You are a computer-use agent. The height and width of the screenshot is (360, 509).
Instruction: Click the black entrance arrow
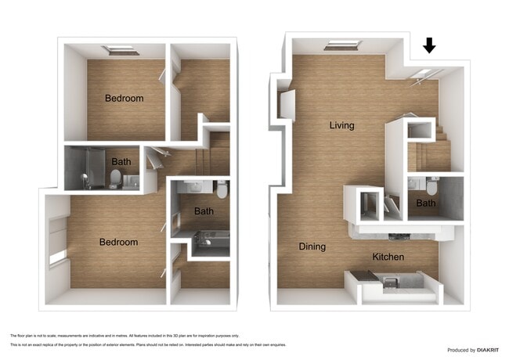click(428, 46)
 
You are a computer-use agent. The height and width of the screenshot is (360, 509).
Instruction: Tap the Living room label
click(341, 125)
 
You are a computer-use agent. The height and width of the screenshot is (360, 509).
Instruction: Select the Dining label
click(312, 247)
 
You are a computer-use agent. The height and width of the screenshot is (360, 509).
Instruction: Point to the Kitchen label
click(388, 257)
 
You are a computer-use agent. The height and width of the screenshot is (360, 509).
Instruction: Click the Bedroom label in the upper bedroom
click(125, 99)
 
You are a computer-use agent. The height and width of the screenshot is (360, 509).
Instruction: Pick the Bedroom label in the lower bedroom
click(118, 242)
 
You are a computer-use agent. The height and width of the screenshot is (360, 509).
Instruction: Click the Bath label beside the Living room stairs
click(425, 203)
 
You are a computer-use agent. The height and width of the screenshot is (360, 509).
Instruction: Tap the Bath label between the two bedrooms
click(121, 162)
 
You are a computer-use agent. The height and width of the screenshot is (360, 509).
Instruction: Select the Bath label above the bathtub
click(204, 211)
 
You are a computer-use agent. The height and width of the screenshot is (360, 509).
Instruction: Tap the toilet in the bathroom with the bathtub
click(222, 189)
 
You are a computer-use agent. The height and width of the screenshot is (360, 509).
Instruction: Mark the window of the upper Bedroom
click(121, 50)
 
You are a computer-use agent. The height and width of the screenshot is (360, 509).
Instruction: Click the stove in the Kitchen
click(389, 279)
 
